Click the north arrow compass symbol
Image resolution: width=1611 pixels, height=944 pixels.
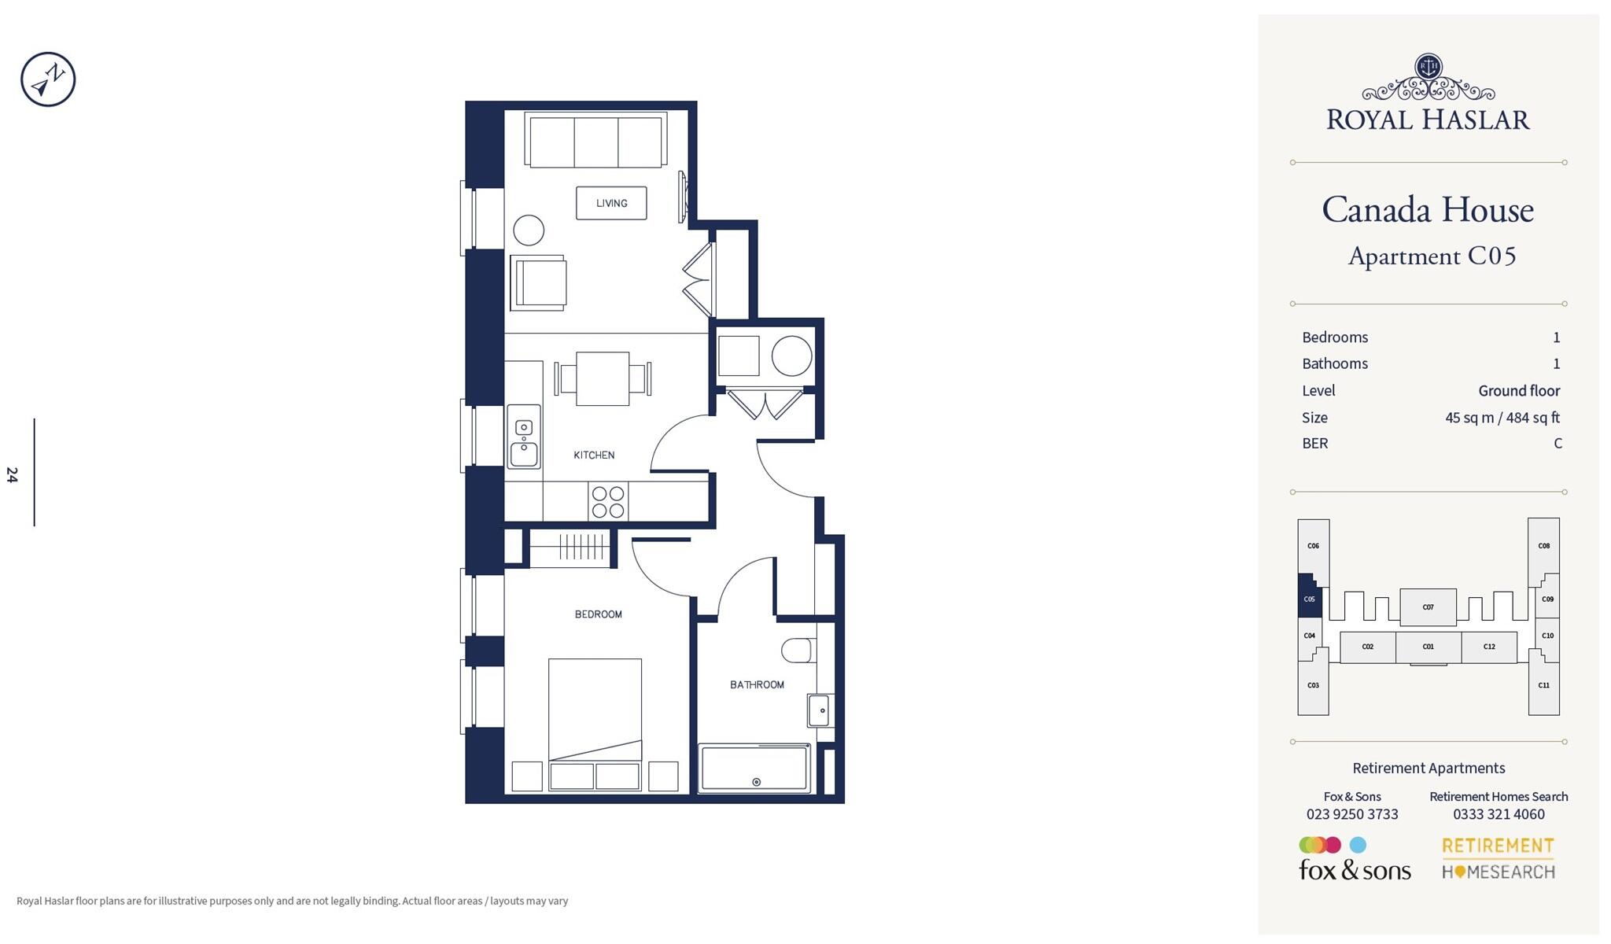(x=48, y=79)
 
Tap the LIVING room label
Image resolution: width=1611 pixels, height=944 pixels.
(x=611, y=203)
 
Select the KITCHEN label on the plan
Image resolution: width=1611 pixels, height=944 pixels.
(x=594, y=455)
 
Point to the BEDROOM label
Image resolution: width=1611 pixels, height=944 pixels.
(x=598, y=614)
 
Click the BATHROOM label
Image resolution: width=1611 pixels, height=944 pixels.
(x=757, y=684)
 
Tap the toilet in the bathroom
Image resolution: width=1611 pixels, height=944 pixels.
(x=798, y=651)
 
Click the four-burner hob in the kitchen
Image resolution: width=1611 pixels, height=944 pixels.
(x=608, y=503)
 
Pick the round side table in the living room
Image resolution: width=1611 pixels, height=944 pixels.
(x=529, y=230)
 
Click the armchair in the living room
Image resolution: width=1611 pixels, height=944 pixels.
(x=540, y=282)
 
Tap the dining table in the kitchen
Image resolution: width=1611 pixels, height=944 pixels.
(x=603, y=378)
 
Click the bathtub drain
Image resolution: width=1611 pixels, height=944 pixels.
(x=757, y=782)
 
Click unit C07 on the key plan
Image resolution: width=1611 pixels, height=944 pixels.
(x=1428, y=607)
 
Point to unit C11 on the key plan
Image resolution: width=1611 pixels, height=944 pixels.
(x=1543, y=685)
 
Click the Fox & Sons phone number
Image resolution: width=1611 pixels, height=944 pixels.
(x=1352, y=814)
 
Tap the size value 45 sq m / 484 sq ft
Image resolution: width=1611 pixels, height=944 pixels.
(x=1502, y=417)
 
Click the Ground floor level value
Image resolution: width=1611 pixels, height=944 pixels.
(x=1518, y=390)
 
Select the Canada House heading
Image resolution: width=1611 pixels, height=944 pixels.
(x=1428, y=210)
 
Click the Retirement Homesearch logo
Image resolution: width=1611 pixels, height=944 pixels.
(x=1498, y=858)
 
